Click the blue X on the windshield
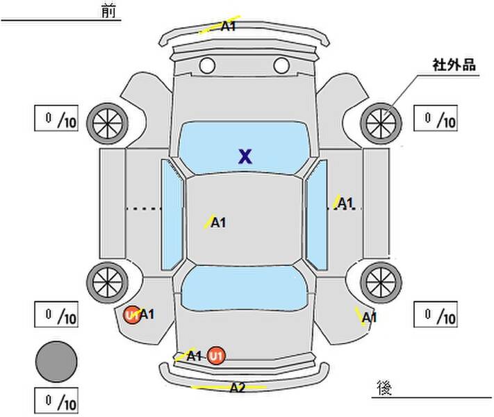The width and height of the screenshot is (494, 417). point(245,156)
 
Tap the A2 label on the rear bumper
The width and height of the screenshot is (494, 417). point(237,387)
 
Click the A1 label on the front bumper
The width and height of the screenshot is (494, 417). point(228,26)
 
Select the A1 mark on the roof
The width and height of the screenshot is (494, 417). point(218,222)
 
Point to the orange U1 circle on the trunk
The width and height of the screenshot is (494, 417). point(217,356)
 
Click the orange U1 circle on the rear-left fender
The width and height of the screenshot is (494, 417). point(132,315)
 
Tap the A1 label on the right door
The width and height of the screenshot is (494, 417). point(345,204)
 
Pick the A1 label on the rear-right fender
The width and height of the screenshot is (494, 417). point(369,318)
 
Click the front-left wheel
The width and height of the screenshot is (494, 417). point(108,124)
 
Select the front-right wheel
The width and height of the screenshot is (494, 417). point(381,124)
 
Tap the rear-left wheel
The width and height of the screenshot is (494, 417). point(108,283)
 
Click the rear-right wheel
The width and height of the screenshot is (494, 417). point(381,283)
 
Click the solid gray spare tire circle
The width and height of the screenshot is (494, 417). point(56,362)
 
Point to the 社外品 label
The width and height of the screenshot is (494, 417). point(454,65)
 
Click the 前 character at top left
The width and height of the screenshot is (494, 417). point(108,11)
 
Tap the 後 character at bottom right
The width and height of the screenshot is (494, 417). point(384,388)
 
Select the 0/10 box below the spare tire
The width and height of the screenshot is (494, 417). point(56,400)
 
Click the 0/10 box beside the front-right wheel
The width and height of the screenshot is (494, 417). point(436,118)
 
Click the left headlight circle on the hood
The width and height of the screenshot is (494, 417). point(207,65)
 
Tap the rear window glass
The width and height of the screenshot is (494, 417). point(245,288)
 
